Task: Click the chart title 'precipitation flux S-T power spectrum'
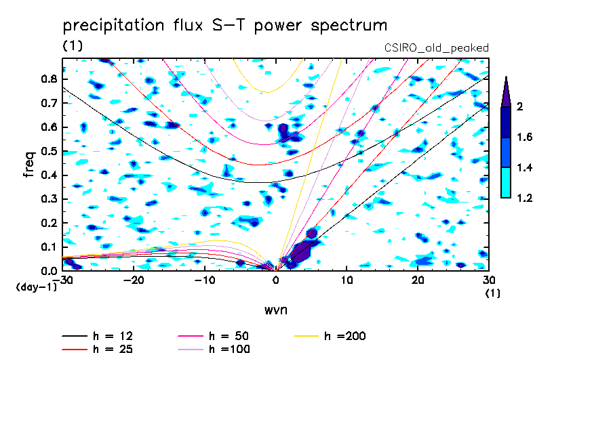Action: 225,26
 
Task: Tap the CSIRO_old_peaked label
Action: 437,48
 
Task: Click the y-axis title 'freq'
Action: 29,165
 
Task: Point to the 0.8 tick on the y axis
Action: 48,79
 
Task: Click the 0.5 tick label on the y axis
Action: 48,151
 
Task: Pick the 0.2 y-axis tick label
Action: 48,223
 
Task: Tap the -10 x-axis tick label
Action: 204,280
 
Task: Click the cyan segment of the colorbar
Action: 505,183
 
